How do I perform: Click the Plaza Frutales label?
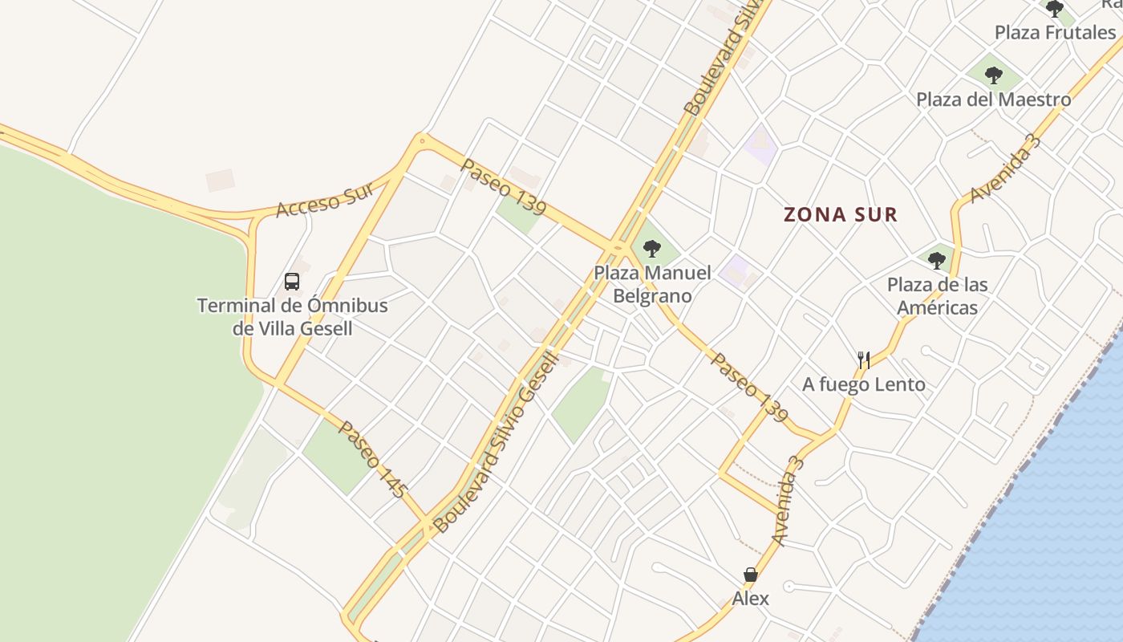tap(1055, 33)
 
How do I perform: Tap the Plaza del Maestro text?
tap(993, 100)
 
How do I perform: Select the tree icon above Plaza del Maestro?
tap(994, 75)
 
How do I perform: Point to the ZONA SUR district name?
tap(840, 215)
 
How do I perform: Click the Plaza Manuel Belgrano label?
tap(652, 284)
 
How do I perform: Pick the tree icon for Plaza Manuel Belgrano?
tap(652, 249)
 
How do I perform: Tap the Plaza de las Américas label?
tap(937, 296)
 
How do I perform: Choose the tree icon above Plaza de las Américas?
tap(936, 260)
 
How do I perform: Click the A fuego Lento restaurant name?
tap(864, 384)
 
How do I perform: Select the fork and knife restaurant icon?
tap(864, 360)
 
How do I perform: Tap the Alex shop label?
tap(750, 599)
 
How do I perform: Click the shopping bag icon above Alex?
tap(750, 575)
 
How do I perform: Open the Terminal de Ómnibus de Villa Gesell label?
tap(292, 317)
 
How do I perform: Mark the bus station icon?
tap(292, 282)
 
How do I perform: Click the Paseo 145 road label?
tap(372, 459)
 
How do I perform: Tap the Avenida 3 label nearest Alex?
tap(787, 501)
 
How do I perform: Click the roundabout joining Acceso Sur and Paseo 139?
tap(421, 142)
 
